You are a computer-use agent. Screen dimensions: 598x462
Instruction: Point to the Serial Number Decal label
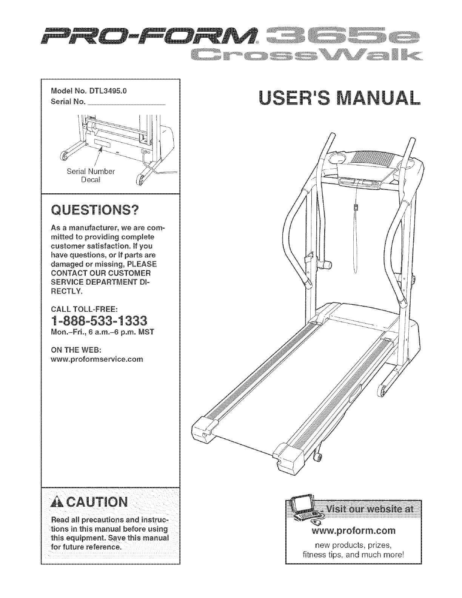click(90, 175)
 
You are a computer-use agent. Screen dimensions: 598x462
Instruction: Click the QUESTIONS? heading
click(94, 210)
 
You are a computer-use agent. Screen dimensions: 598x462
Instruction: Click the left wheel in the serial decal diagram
click(65, 156)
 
